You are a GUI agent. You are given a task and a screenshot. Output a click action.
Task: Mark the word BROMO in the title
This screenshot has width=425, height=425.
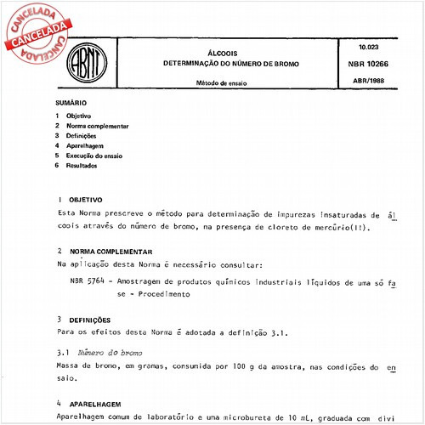284,64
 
